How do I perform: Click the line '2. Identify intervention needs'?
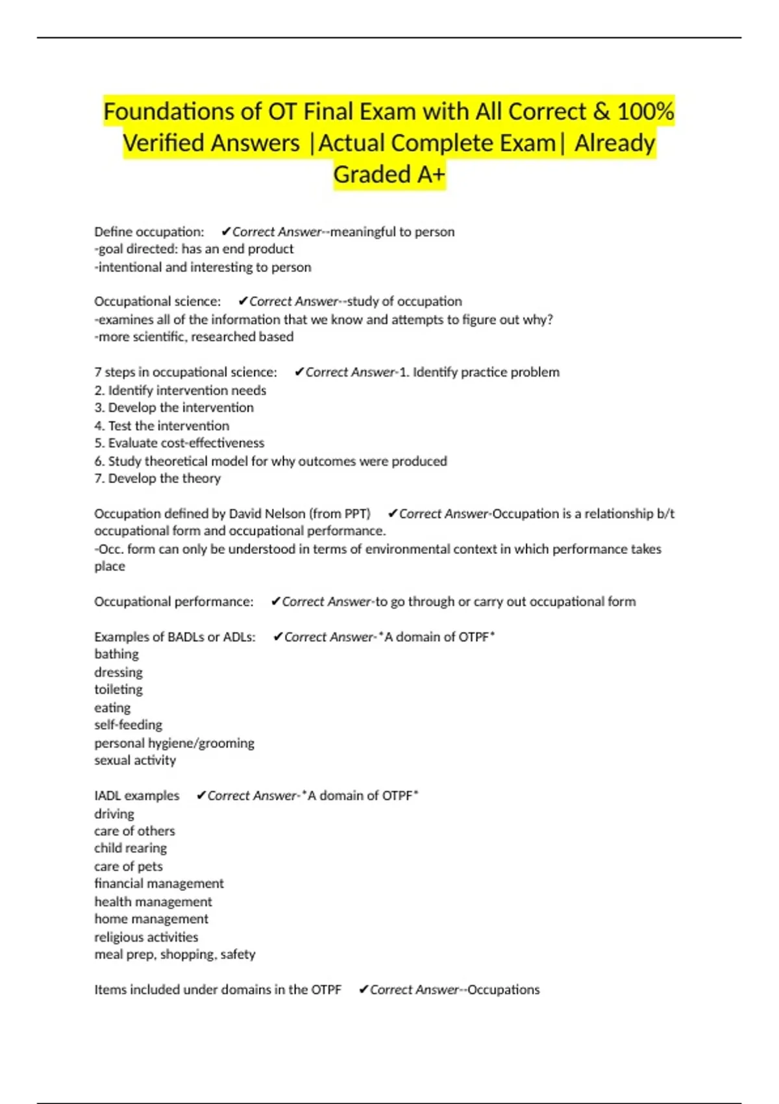pyautogui.click(x=180, y=390)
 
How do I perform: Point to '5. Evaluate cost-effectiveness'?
pyautogui.click(x=179, y=443)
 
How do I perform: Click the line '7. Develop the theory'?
pyautogui.click(x=157, y=479)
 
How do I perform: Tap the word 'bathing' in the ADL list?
pyautogui.click(x=116, y=654)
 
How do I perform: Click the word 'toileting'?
pyautogui.click(x=118, y=690)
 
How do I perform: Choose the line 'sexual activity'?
pyautogui.click(x=135, y=760)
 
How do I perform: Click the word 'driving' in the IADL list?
pyautogui.click(x=114, y=814)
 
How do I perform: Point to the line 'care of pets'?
pyautogui.click(x=129, y=866)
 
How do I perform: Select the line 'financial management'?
pyautogui.click(x=159, y=884)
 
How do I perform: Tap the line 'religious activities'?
pyautogui.click(x=146, y=937)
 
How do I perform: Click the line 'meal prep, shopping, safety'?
pyautogui.click(x=175, y=955)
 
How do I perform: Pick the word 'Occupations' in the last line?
pyautogui.click(x=503, y=990)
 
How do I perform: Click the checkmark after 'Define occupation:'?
pyautogui.click(x=226, y=232)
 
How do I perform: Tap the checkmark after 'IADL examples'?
pyautogui.click(x=201, y=796)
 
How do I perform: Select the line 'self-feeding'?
pyautogui.click(x=128, y=725)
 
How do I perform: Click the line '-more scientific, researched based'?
pyautogui.click(x=193, y=337)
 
